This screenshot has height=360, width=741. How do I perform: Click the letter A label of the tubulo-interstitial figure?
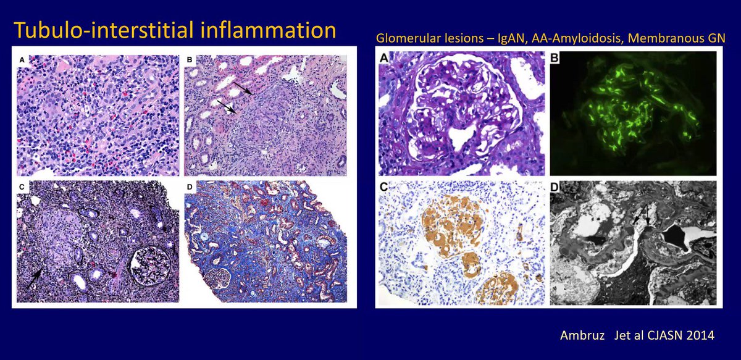pos(23,60)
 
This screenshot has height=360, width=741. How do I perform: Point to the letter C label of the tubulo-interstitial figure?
pos(23,186)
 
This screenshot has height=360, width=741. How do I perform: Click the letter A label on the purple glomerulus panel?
pos(385,59)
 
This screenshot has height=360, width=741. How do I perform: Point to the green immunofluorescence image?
pos(633,114)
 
